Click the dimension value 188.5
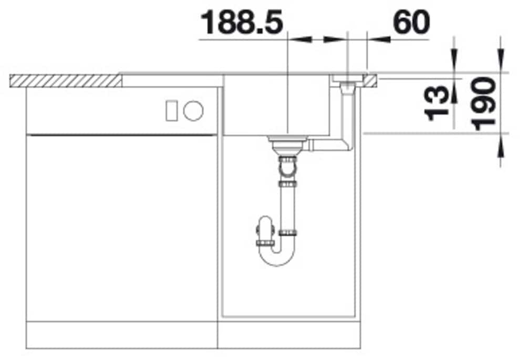pos(242,23)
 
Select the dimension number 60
pos(411,23)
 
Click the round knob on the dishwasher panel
pos(193,110)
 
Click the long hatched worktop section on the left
pos(66,81)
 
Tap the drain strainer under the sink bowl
pos(287,143)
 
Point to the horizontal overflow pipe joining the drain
pos(328,144)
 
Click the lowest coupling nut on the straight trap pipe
pos(287,232)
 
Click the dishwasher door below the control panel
pos(121,226)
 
